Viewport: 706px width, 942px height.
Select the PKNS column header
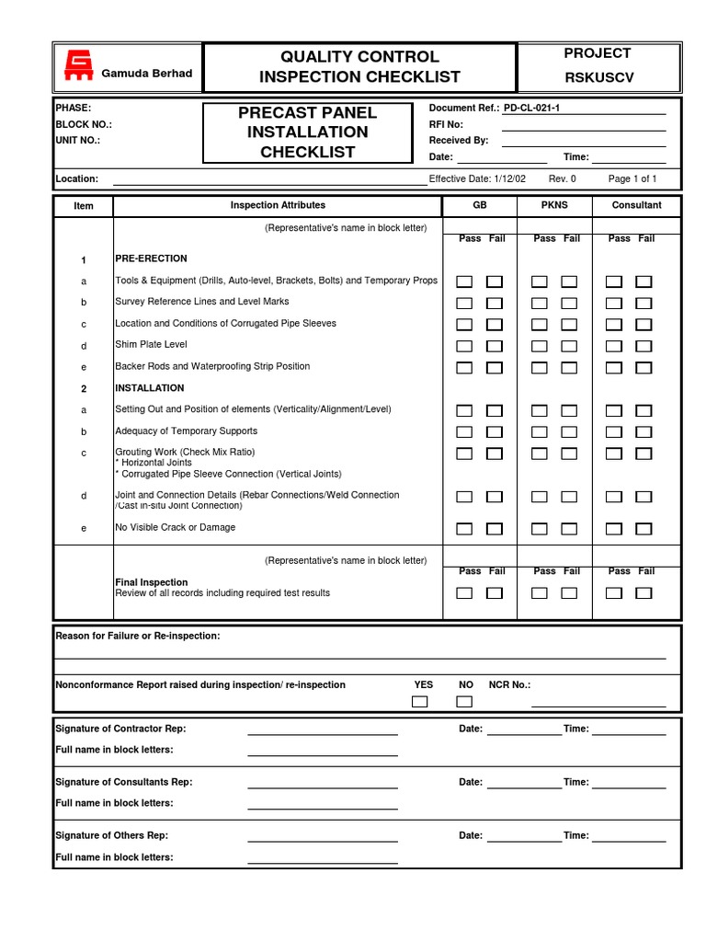(553, 205)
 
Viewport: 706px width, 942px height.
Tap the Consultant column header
(636, 205)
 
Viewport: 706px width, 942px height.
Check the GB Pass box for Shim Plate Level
(465, 346)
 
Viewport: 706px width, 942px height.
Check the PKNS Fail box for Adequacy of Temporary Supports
(569, 432)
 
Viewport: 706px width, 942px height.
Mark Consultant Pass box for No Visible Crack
(614, 528)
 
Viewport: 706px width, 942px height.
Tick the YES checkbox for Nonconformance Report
(420, 702)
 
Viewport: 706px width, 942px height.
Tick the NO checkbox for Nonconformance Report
(464, 702)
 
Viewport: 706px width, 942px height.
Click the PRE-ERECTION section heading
(151, 258)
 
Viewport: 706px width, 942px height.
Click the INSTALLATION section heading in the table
(149, 388)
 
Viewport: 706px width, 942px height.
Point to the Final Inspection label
(151, 582)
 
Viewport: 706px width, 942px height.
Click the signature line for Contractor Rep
(322, 734)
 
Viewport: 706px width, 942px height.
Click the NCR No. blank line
(598, 705)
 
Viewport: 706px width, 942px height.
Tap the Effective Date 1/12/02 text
(477, 178)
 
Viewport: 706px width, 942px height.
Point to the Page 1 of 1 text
(632, 178)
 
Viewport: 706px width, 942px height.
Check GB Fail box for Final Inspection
(495, 593)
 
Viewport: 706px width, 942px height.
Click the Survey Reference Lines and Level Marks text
(201, 302)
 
